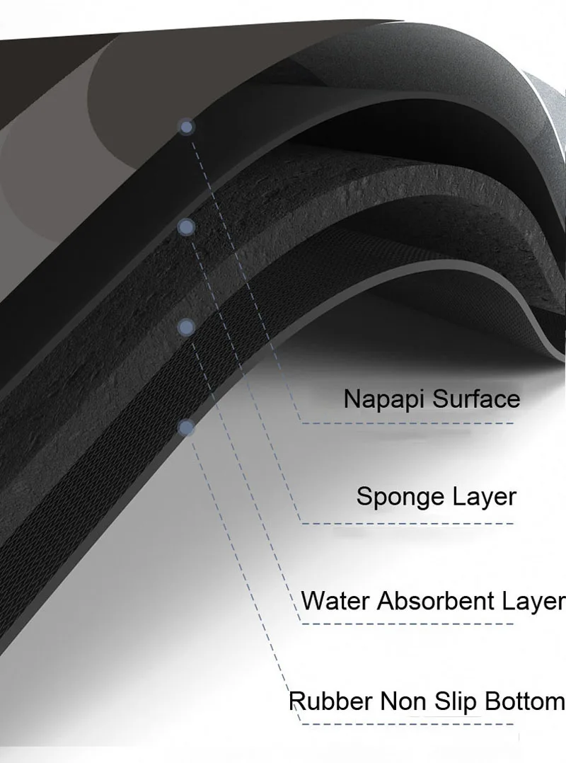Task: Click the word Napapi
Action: tap(384, 399)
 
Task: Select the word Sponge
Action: tap(396, 498)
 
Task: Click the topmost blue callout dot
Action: tap(187, 127)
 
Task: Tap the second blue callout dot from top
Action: tap(186, 227)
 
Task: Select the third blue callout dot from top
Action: tap(187, 326)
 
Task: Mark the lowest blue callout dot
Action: tap(187, 426)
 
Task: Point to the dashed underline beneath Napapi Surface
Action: tap(407, 423)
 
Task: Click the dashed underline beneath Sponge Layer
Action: tap(407, 523)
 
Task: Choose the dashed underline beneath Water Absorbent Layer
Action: tap(407, 624)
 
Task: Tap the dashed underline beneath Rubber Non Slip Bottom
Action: tap(407, 723)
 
